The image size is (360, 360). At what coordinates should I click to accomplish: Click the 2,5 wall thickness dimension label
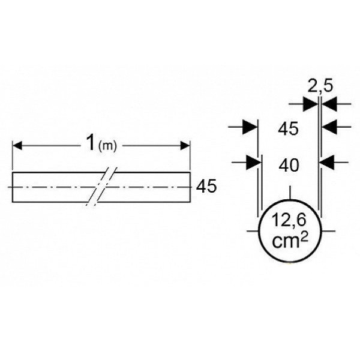[x=320, y=86]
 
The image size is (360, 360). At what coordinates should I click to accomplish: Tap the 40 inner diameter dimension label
[x=289, y=166]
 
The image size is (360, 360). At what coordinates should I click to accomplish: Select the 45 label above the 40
[x=288, y=128]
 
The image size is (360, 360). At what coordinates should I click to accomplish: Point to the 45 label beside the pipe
[x=206, y=186]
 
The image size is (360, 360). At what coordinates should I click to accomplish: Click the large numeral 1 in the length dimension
[x=91, y=143]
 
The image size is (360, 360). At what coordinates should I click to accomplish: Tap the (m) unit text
[x=107, y=146]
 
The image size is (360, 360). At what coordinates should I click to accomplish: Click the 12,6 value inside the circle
[x=289, y=220]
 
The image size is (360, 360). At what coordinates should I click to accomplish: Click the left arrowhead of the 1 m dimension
[x=17, y=146]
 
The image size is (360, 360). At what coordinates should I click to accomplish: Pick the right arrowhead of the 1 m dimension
[x=185, y=146]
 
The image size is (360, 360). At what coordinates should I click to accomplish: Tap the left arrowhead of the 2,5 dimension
[x=310, y=104]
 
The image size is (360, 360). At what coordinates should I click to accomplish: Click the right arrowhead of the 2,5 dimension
[x=329, y=104]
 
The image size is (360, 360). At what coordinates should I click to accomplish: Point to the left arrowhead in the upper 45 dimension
[x=250, y=127]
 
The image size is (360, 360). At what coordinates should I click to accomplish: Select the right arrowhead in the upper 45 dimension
[x=329, y=127]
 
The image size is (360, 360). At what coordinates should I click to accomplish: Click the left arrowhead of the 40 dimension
[x=254, y=163]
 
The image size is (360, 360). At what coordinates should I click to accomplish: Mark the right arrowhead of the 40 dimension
[x=326, y=163]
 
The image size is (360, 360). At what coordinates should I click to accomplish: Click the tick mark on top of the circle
[x=290, y=193]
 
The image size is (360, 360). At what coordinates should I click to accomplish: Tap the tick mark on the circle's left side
[x=253, y=231]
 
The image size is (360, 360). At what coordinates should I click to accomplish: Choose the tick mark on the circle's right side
[x=328, y=231]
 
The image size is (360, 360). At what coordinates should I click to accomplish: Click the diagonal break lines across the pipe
[x=101, y=187]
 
